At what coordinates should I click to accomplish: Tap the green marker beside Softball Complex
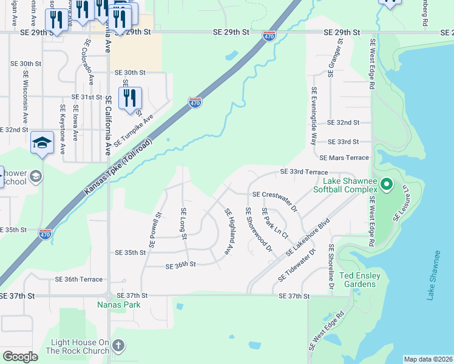[x=388, y=183]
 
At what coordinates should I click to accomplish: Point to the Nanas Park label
[x=119, y=305]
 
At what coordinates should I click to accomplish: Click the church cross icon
[x=118, y=346]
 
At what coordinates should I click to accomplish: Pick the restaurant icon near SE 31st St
[x=130, y=98]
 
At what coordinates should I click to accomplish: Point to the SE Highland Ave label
[x=229, y=231]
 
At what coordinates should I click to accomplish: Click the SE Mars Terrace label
[x=344, y=158]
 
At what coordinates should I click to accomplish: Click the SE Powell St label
[x=154, y=230]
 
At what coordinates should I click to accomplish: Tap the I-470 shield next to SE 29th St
[x=269, y=36]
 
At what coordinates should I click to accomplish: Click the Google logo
[x=21, y=357]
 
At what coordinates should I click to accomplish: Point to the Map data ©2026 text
[x=427, y=359]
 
